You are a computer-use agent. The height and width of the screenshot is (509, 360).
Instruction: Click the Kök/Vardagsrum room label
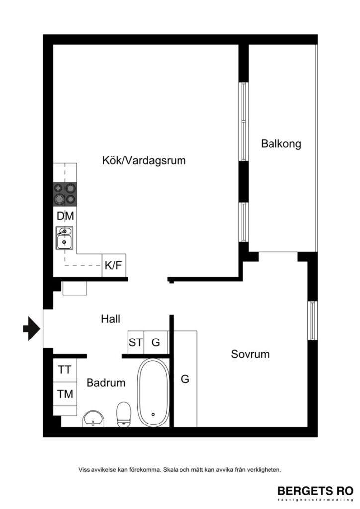click(144, 161)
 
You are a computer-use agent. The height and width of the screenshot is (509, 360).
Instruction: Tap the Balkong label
click(281, 144)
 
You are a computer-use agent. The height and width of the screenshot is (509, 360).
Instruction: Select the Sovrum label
click(250, 354)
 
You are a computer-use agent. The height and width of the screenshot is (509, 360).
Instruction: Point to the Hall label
click(110, 319)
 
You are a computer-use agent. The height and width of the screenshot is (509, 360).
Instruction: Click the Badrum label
click(105, 383)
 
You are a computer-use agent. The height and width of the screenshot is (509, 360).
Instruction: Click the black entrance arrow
click(32, 328)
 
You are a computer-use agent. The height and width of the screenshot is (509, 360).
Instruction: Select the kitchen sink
click(64, 238)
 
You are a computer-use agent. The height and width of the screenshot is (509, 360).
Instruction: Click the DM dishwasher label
click(65, 216)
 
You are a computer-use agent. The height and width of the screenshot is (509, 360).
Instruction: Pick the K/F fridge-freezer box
click(113, 266)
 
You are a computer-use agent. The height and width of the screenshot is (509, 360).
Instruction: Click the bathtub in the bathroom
click(153, 393)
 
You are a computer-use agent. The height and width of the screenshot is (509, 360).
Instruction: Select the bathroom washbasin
click(94, 419)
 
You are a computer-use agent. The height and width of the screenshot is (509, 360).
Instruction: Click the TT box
click(65, 370)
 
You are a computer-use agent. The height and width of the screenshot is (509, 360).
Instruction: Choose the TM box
click(65, 394)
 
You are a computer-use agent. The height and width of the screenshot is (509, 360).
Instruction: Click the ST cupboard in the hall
click(136, 342)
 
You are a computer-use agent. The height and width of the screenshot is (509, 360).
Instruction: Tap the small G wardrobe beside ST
click(156, 342)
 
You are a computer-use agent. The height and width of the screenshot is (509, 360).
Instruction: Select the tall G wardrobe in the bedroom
click(185, 379)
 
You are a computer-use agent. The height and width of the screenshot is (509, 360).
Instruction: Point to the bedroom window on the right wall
click(312, 321)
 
